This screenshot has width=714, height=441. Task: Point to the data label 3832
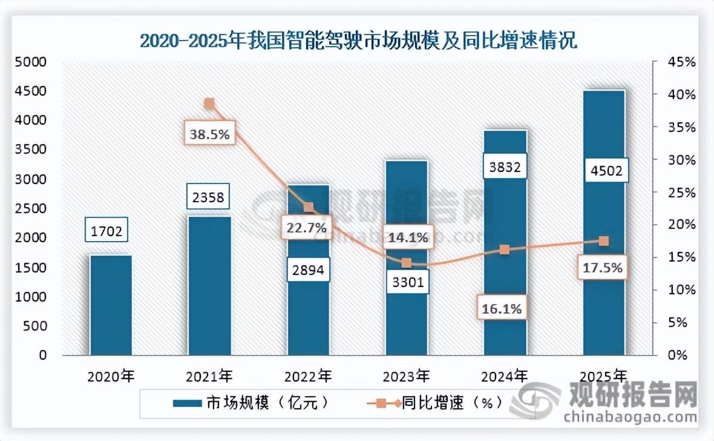pos(505,167)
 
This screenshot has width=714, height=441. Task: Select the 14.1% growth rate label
pos(407,237)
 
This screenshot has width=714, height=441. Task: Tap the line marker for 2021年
pos(209,104)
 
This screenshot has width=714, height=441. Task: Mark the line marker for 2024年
pos(505,250)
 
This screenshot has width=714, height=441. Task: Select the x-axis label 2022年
pos(307,377)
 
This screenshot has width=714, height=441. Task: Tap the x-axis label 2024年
pos(504,377)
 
